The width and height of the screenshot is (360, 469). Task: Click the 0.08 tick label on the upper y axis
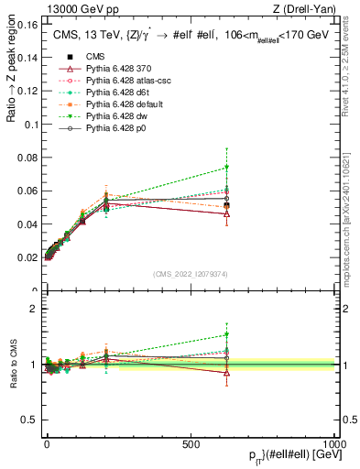point(28,157)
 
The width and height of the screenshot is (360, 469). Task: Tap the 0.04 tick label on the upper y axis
point(28,224)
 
